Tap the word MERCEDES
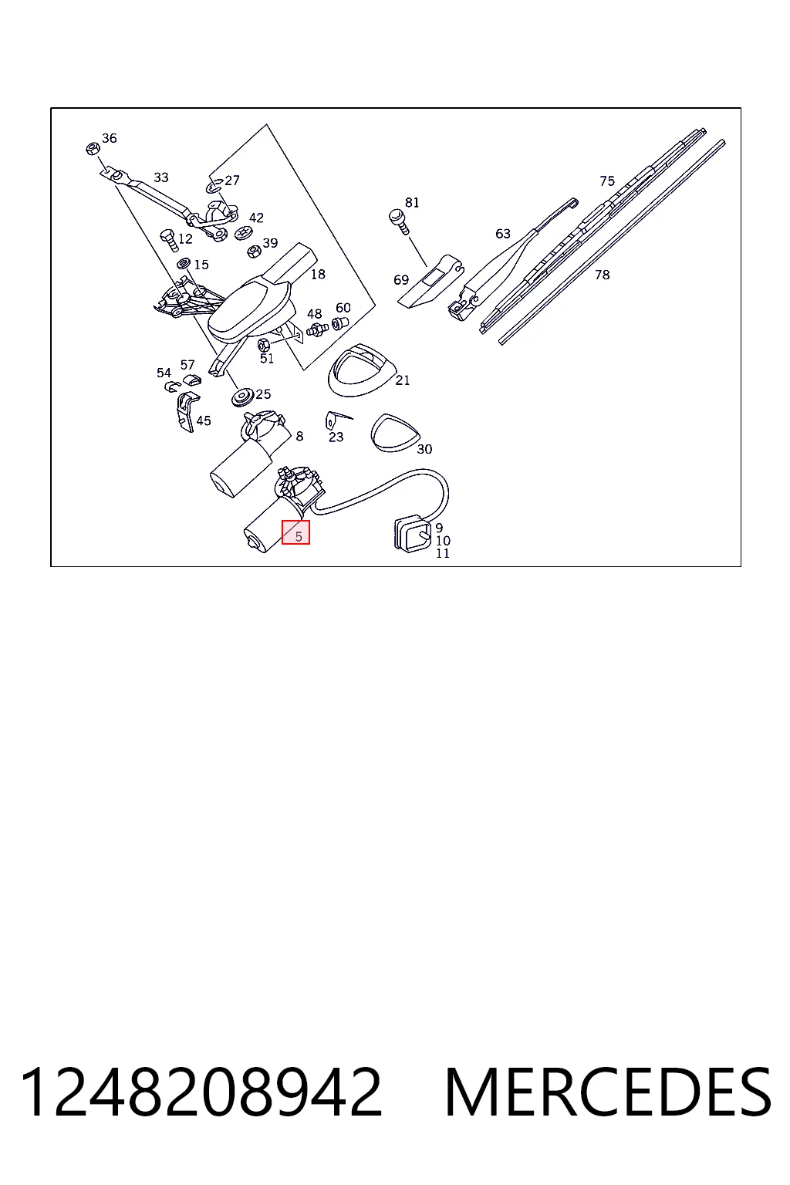[x=608, y=1092]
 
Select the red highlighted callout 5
[x=295, y=532]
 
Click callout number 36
[x=110, y=138]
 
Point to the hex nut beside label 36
[x=93, y=149]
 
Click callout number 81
[x=412, y=203]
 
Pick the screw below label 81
[x=398, y=221]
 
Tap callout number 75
[x=607, y=181]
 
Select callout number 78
[x=603, y=275]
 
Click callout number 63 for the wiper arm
[x=503, y=233]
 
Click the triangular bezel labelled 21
[x=361, y=371]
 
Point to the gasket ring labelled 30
[x=395, y=434]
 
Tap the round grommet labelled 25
[x=243, y=397]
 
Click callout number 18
[x=318, y=274]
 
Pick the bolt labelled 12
[x=169, y=241]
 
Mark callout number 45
[x=204, y=420]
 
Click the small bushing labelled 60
[x=339, y=322]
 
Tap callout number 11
[x=443, y=553]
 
